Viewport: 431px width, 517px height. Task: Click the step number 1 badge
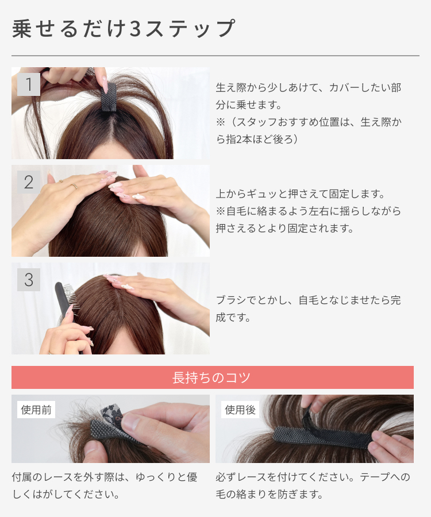[x=29, y=84]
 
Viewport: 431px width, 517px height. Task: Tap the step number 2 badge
[x=29, y=182]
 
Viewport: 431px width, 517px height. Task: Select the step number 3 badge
[x=29, y=280]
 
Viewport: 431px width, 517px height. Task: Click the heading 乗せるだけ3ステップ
[x=124, y=28]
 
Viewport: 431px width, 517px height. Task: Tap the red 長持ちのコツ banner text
[x=211, y=377]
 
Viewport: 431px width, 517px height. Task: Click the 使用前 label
[x=36, y=410]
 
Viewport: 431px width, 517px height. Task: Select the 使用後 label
[x=240, y=410]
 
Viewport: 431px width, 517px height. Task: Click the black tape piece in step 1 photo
[x=109, y=97]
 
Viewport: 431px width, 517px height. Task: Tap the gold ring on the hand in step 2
[x=74, y=186]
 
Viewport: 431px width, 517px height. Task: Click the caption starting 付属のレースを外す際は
[x=105, y=485]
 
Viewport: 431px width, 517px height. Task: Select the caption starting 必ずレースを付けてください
[x=313, y=485]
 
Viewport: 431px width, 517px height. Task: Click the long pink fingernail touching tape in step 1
[x=105, y=85]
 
